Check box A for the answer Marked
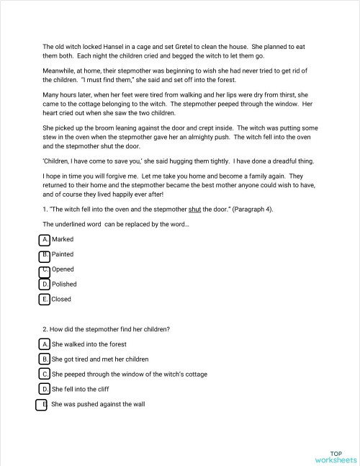pyautogui.click(x=45, y=239)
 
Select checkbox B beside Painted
pyautogui.click(x=45, y=254)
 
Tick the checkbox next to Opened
pyautogui.click(x=45, y=269)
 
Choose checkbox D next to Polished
pyautogui.click(x=45, y=284)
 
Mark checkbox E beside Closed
pyautogui.click(x=45, y=299)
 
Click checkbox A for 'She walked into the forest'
pyautogui.click(x=45, y=344)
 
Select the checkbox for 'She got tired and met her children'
pyautogui.click(x=45, y=359)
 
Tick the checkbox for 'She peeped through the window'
pyautogui.click(x=45, y=374)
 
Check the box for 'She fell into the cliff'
pyautogui.click(x=45, y=389)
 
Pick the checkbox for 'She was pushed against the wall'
pyautogui.click(x=42, y=404)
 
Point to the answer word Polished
pyautogui.click(x=64, y=284)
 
